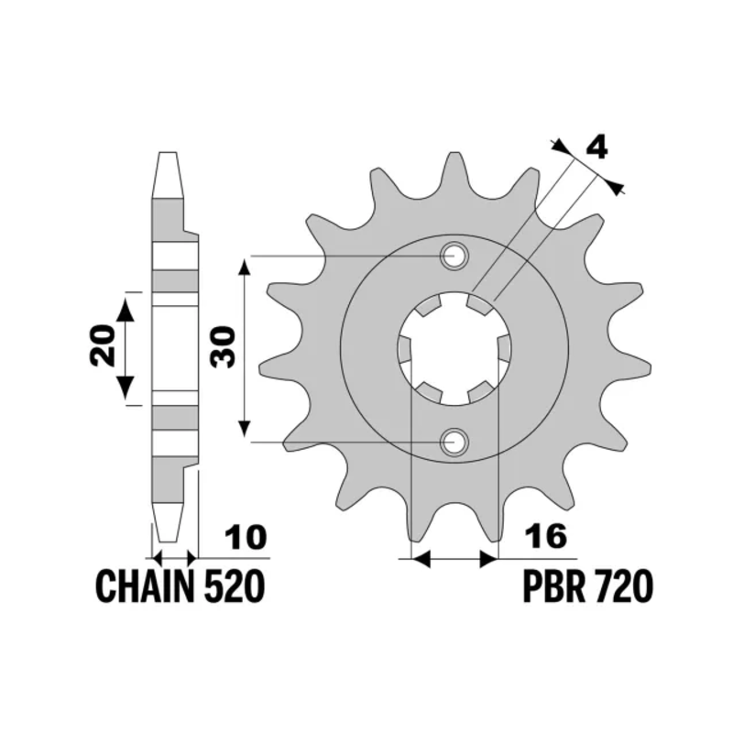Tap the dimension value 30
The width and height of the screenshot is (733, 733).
click(x=223, y=347)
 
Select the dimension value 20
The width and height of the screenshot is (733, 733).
click(x=103, y=345)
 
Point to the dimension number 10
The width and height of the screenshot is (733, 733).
click(x=246, y=537)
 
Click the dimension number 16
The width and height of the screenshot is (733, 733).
click(x=545, y=536)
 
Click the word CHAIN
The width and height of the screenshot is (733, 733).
click(x=145, y=586)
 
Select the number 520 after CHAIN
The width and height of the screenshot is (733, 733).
click(x=235, y=586)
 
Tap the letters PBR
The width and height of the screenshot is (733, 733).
click(x=553, y=586)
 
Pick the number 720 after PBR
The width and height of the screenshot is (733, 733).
click(x=622, y=586)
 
